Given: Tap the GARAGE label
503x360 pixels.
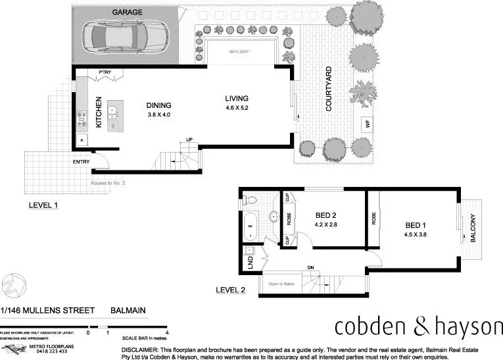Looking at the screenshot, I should pos(128,13).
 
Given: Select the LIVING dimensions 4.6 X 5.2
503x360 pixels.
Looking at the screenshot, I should pos(237,107).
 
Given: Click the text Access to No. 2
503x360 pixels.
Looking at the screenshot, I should pos(107,182).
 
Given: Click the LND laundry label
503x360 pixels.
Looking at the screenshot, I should pos(250,263).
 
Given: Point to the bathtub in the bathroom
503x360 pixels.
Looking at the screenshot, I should pos(251,227).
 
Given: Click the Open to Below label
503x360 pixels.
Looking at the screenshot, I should pos(283,284).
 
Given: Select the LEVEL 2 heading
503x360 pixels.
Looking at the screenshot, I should pos(231,290).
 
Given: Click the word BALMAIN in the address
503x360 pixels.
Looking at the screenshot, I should pos(128,310).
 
